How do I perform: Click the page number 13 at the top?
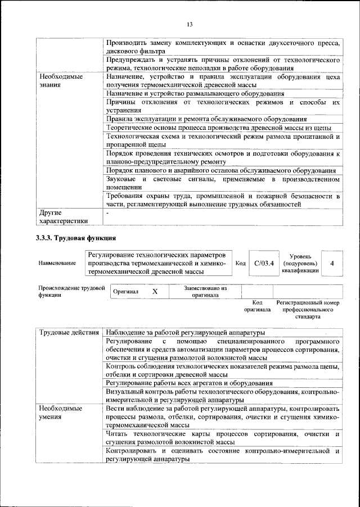point(190,24)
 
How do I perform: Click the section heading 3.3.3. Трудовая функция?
point(76,238)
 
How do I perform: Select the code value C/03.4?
point(263,263)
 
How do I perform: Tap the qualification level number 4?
point(332,263)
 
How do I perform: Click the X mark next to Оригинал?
point(155,292)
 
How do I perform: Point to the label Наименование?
point(57,263)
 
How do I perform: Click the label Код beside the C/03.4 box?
point(240,263)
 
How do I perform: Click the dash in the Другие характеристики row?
point(107,213)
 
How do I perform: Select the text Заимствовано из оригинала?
point(205,291)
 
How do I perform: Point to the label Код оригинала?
point(257,306)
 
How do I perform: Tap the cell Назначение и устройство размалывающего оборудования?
point(195,93)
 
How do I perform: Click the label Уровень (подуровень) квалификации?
point(300,263)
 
